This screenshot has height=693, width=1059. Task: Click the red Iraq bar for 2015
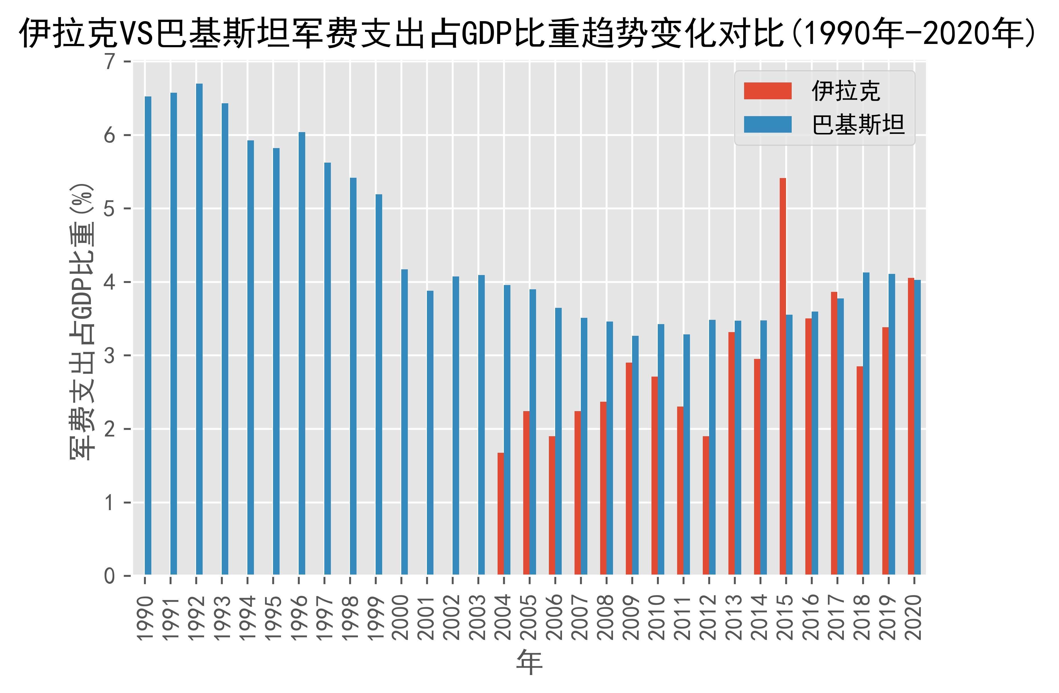(783, 376)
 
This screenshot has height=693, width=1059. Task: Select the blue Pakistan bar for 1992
(199, 330)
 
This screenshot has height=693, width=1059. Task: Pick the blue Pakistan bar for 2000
(404, 422)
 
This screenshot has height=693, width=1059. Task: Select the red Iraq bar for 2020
(911, 426)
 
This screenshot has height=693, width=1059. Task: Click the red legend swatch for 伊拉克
(767, 91)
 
